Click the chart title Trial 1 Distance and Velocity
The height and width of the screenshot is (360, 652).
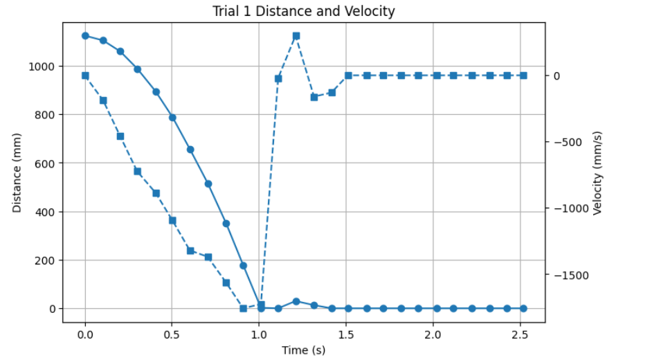[305, 11]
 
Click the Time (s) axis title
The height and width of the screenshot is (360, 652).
[303, 350]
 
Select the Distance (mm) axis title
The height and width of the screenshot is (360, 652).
[17, 172]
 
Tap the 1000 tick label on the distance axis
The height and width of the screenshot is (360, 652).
[43, 66]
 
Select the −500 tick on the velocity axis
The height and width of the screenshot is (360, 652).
[572, 143]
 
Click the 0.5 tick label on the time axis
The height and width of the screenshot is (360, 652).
[172, 334]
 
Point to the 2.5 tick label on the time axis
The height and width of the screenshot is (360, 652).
[520, 334]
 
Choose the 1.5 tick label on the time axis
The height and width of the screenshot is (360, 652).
[346, 334]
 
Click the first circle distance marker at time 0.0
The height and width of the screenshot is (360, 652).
[85, 36]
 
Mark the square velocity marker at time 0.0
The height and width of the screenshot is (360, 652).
[85, 75]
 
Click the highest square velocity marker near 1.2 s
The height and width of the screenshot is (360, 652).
[296, 35]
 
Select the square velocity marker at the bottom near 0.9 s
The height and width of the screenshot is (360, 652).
[243, 308]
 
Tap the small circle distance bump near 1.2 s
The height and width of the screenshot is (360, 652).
[296, 301]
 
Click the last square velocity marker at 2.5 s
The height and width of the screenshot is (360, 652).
[524, 75]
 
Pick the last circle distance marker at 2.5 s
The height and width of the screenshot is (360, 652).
[524, 308]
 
